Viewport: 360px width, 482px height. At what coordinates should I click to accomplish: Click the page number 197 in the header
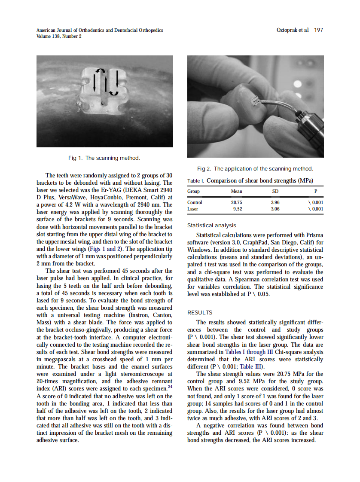pos(318,30)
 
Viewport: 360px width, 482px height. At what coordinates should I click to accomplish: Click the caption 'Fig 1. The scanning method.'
pos(104,158)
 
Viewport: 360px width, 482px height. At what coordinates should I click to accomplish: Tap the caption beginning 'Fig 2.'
pos(255,168)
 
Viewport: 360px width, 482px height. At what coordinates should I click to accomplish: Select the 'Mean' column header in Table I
pos(236,191)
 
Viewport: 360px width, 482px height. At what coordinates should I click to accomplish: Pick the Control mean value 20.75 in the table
pos(237,202)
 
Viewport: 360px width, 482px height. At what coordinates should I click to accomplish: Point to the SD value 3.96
pos(275,202)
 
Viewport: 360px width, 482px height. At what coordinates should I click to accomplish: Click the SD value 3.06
pos(275,209)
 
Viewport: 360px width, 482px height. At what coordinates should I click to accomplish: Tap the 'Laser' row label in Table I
pos(193,209)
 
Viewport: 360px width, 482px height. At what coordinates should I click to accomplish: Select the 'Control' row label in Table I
pos(195,202)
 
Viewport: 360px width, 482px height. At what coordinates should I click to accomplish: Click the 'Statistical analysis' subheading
pos(212,225)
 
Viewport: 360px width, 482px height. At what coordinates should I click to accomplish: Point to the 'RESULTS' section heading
pos(200,313)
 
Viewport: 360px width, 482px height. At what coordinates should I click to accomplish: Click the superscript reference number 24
pos(170,387)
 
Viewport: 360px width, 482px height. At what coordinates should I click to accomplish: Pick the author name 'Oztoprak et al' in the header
pos(293,30)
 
